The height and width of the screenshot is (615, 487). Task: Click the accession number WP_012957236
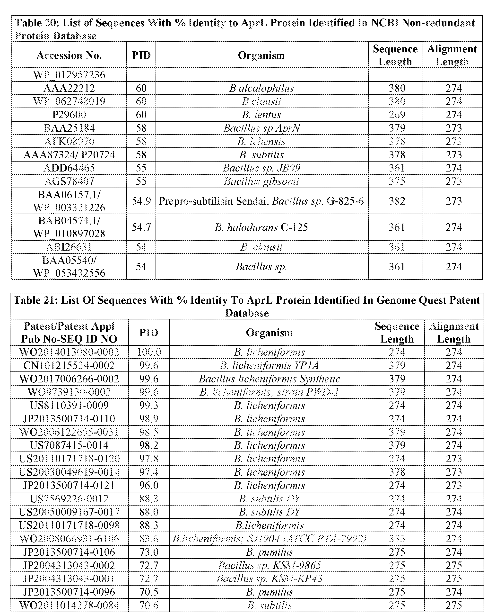[x=69, y=75]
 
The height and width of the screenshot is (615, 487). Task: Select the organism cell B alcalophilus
[x=261, y=88]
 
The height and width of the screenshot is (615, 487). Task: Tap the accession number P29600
[x=69, y=115]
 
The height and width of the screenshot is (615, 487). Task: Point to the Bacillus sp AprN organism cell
[x=261, y=128]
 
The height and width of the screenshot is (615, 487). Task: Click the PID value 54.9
[x=141, y=201]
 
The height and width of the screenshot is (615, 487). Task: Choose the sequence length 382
[x=397, y=201]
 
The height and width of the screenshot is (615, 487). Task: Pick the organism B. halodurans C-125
[x=261, y=227]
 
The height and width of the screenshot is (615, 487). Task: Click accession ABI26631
[x=69, y=247]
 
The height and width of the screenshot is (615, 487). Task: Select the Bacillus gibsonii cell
[x=261, y=181]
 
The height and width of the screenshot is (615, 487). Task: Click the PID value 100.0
[x=149, y=352]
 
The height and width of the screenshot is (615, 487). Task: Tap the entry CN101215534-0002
[x=69, y=365]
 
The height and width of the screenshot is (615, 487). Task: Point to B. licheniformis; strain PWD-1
[x=269, y=392]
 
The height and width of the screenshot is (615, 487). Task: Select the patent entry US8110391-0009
[x=69, y=405]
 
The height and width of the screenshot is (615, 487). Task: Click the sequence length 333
[x=397, y=539]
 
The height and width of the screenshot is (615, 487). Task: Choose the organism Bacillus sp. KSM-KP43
[x=269, y=579]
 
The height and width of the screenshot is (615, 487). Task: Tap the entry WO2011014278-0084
[x=69, y=605]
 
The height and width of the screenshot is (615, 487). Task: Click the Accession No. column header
[x=69, y=55]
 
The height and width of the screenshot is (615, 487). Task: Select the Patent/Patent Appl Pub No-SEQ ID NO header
[x=69, y=333]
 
